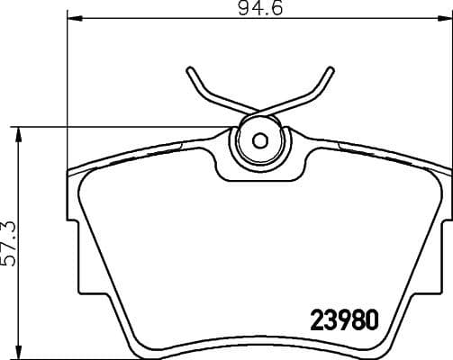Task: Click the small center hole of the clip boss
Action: [260, 140]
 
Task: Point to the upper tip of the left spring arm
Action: [190, 70]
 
